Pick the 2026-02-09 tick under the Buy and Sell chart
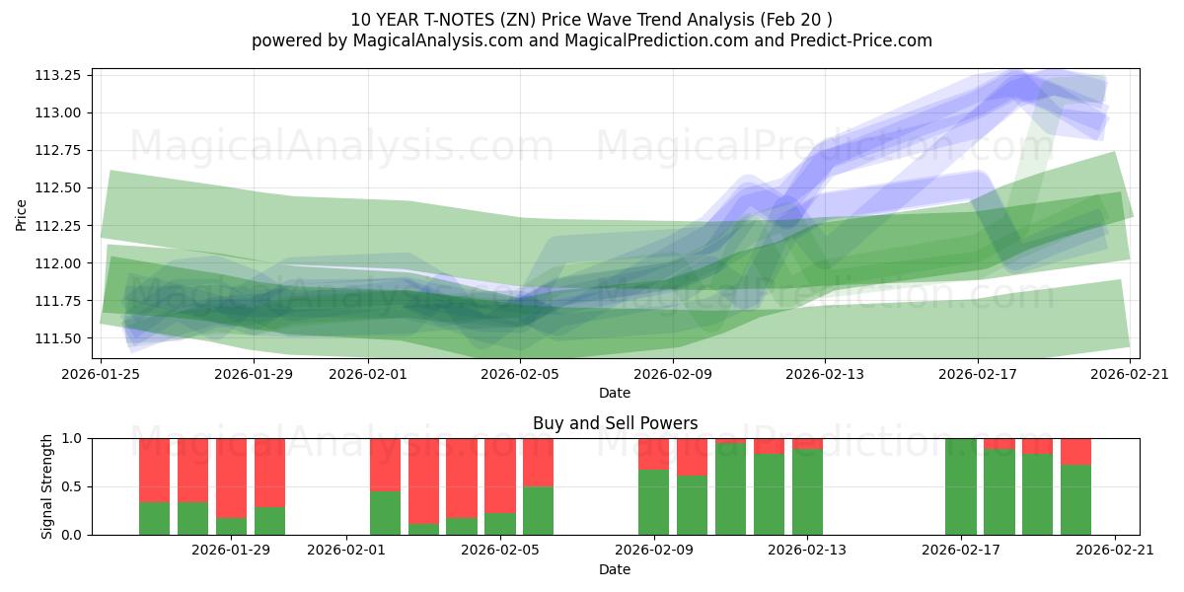click(x=654, y=551)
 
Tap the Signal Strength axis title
click(x=47, y=486)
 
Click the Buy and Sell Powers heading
click(x=615, y=423)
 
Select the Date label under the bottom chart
click(x=615, y=569)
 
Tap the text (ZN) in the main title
click(x=515, y=20)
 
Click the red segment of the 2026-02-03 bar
click(x=423, y=480)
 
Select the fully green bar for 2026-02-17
click(x=961, y=486)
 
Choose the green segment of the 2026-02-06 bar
click(x=538, y=510)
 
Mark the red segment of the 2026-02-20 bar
click(x=1075, y=451)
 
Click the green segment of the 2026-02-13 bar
click(x=807, y=491)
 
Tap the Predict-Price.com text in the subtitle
click(x=860, y=40)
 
